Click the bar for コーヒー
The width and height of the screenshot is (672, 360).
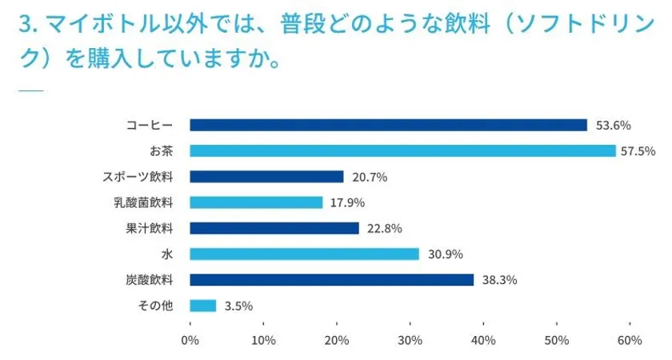point(388,125)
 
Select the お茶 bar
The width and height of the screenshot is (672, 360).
point(402,150)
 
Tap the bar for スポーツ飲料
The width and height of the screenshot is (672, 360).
point(266,177)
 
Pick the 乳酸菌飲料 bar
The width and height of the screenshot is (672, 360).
point(256,202)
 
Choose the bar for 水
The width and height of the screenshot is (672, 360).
point(304,254)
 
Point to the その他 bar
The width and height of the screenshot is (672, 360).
point(203,306)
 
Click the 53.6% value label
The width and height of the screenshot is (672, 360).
point(614,125)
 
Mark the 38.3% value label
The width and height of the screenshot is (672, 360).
point(498,280)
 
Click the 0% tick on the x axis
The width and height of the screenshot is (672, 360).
point(190,340)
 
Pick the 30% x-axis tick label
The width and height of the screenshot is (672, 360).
point(410,340)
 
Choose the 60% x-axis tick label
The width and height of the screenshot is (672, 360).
point(630,340)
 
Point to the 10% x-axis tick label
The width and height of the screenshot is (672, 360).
point(263,340)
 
